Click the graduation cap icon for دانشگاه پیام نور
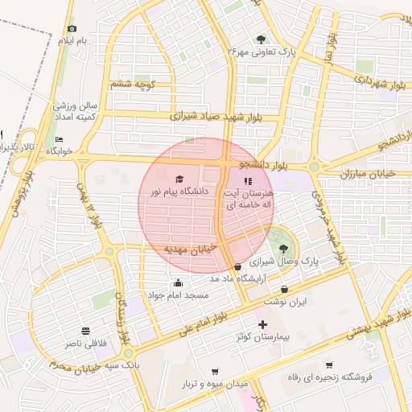[179, 179]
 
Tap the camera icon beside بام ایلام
[71, 28]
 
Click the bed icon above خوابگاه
[59, 139]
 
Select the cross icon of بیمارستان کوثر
[262, 323]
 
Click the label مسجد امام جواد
[178, 295]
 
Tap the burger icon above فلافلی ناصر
[85, 332]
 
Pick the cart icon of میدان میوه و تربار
[214, 371]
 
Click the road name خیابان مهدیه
[190, 249]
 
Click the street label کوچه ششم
[134, 84]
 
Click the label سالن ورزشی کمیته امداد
[75, 111]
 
